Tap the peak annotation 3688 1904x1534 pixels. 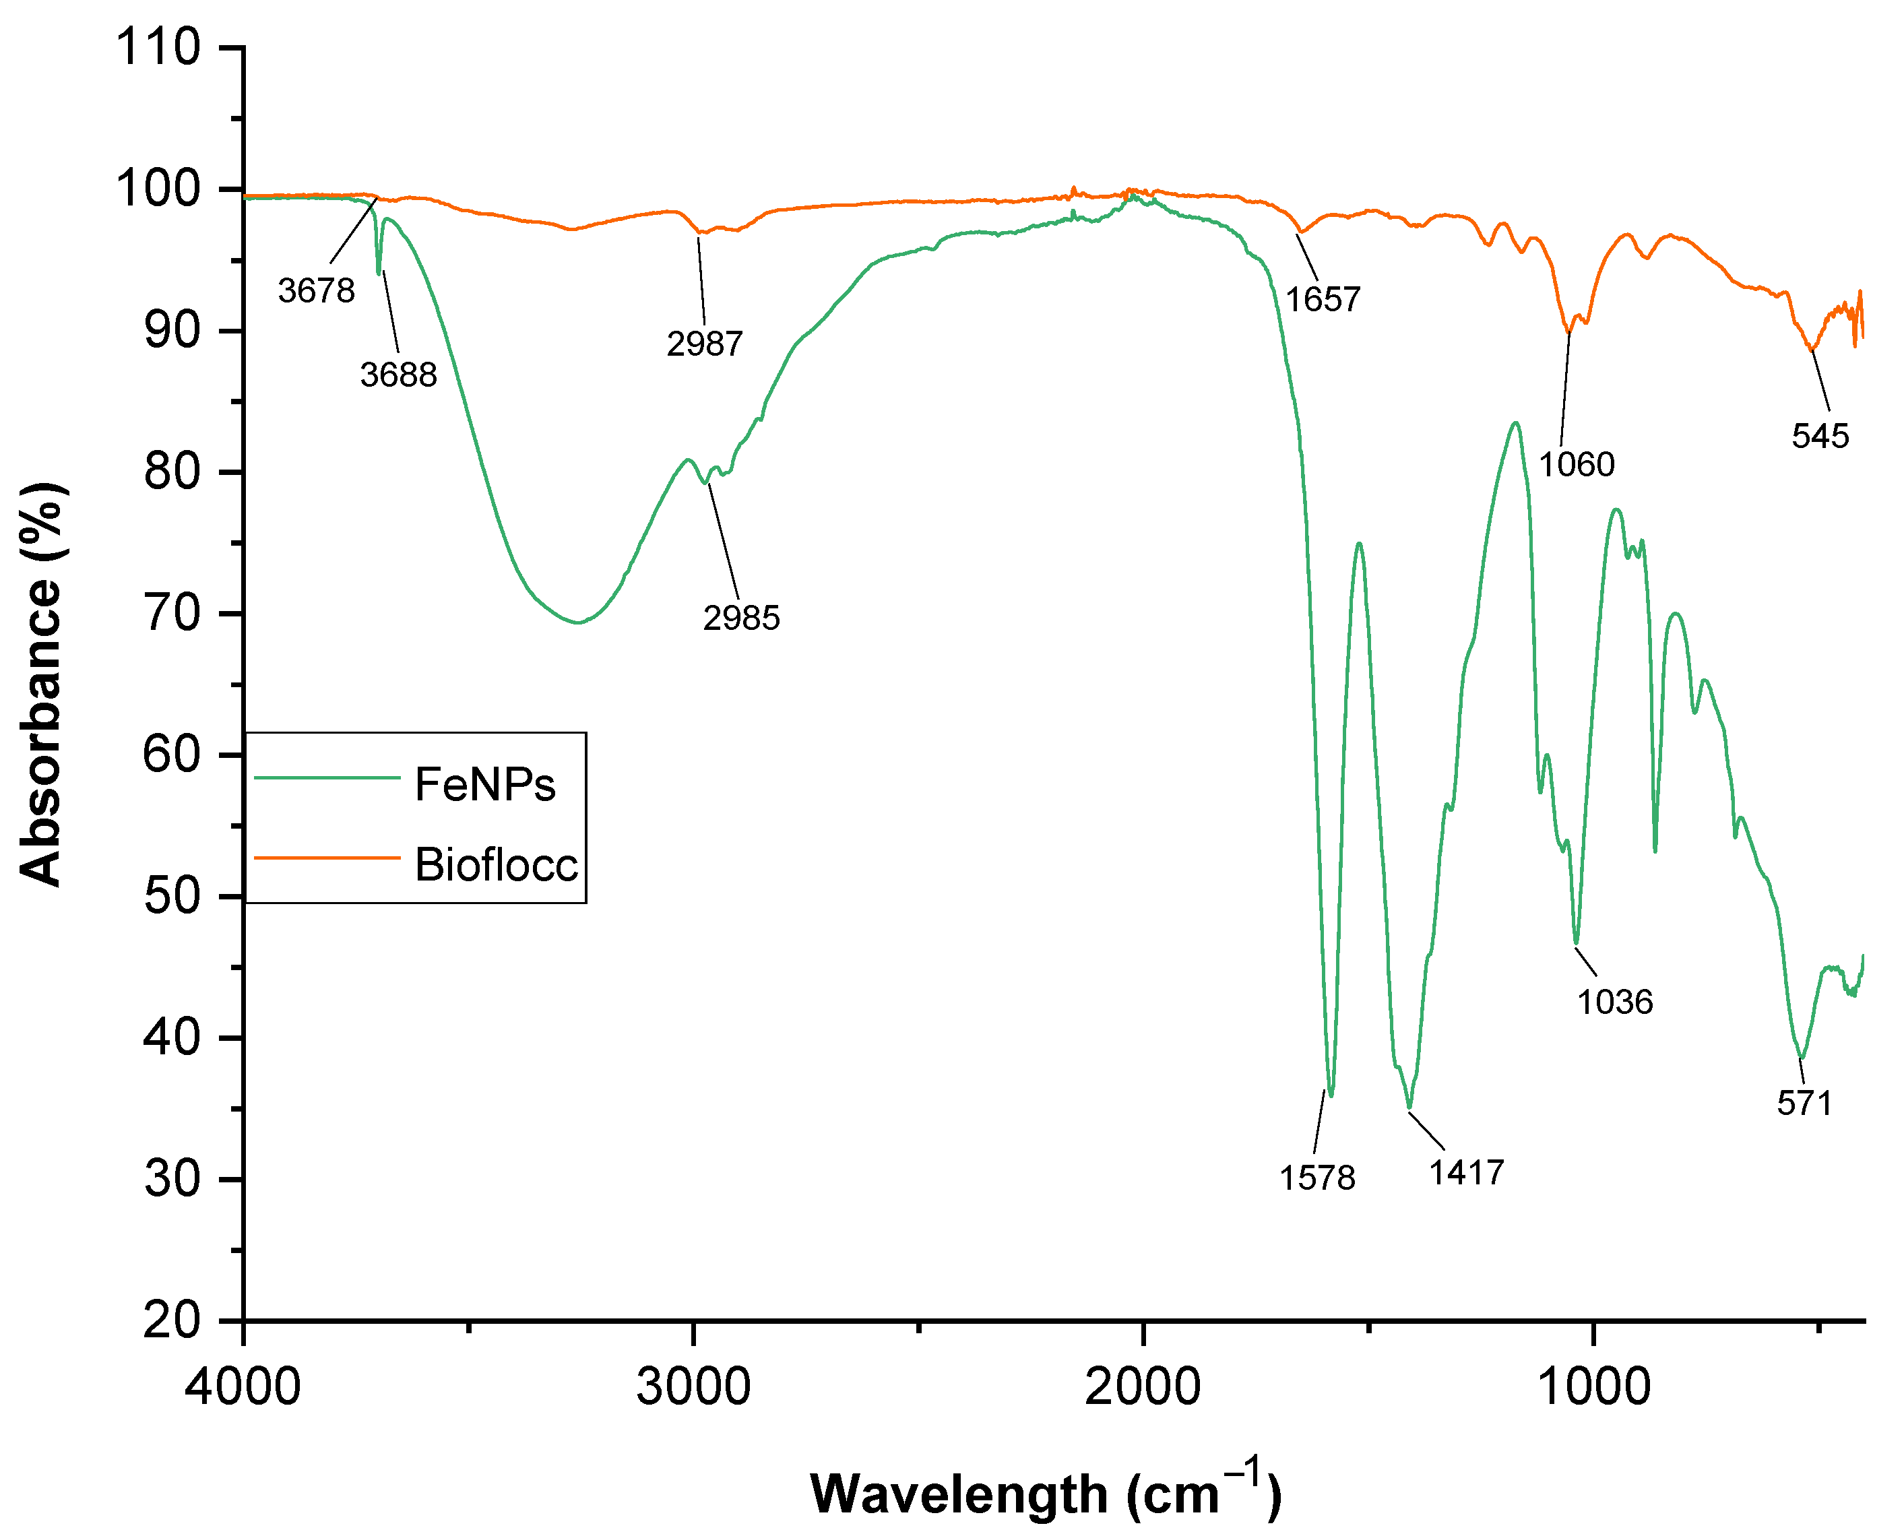point(398,375)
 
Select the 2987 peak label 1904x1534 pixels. point(705,344)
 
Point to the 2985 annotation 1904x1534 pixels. point(741,618)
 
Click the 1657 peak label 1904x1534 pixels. point(1323,300)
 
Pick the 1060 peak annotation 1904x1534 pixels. point(1577,465)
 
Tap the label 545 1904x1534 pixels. point(1820,437)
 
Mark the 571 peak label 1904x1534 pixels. point(1804,1104)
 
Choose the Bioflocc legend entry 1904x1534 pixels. point(497,864)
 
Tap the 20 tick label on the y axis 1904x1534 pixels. point(173,1322)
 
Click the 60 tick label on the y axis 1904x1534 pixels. point(173,755)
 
